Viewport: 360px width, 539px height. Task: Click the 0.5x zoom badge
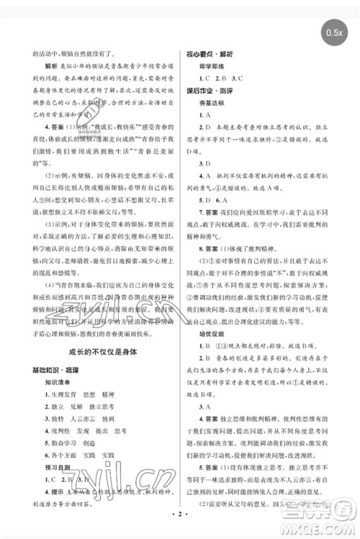coord(334,32)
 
